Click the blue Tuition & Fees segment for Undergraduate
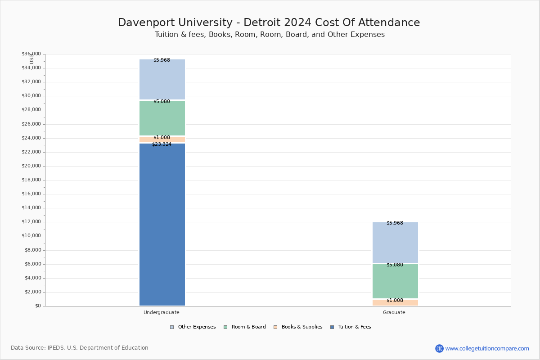coord(162,225)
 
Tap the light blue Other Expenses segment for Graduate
coord(395,243)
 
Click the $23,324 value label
coord(162,144)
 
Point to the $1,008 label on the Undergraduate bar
coord(162,138)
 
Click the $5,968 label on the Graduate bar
coord(395,223)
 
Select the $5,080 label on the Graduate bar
coord(395,265)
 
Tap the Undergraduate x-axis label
coord(162,312)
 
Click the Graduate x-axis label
coord(394,312)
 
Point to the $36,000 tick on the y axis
coord(31,54)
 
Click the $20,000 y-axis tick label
coord(31,166)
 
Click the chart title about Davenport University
coord(269,23)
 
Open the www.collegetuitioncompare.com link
coord(487,348)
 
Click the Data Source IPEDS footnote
coord(80,348)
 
